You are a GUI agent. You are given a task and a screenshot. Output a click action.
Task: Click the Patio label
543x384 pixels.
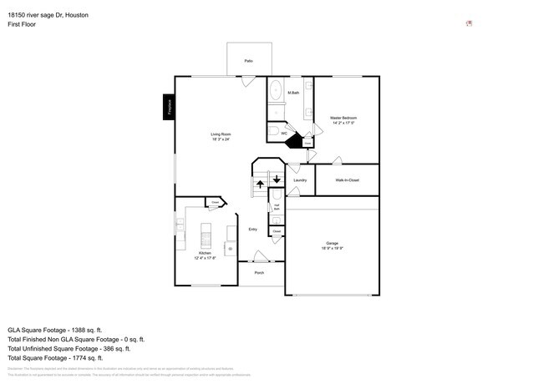coord(248,62)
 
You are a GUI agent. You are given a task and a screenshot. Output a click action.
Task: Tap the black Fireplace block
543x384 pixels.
coord(169,107)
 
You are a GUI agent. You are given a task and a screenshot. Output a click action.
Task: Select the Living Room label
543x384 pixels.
coord(221,137)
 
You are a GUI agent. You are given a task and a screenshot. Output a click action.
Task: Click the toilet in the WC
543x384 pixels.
coord(274,132)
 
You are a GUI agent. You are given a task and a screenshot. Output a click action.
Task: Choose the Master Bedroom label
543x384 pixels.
coord(343,120)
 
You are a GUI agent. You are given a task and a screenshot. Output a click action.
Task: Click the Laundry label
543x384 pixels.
coord(300,179)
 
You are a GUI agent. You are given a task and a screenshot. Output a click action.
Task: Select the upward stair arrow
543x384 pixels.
coord(260,183)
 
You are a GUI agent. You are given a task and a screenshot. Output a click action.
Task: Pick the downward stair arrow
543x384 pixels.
coord(277,178)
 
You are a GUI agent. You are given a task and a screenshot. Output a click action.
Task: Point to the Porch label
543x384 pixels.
coord(259,273)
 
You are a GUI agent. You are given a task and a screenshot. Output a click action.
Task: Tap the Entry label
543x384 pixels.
coord(252,229)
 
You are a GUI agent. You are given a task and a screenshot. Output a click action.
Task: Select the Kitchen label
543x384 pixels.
coord(205,255)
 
